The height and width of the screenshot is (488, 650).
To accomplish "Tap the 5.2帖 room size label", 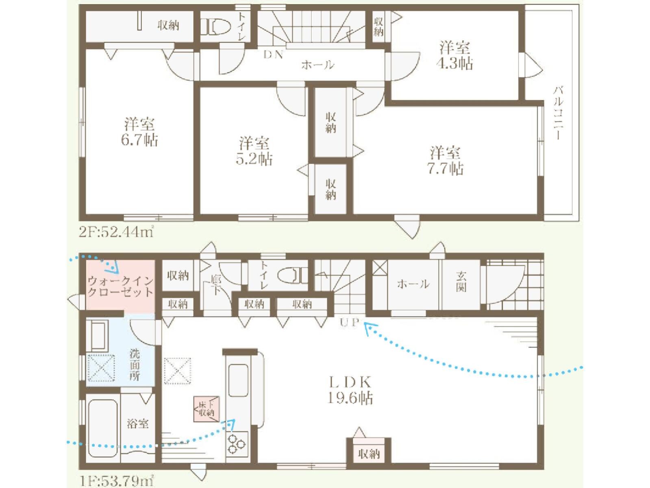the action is coord(254,159).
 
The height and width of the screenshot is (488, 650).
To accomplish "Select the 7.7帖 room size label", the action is coord(445,169).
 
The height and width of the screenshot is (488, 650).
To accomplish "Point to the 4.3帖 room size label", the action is coord(454,63).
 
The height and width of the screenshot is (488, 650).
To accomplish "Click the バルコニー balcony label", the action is coord(558,113).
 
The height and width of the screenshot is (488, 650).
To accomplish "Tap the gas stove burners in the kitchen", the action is coord(236,444).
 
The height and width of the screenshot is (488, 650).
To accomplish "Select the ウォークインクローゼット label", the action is coord(120,286).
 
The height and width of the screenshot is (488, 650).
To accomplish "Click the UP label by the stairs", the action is coord(350,322).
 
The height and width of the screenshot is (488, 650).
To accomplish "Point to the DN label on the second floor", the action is coord(274,55).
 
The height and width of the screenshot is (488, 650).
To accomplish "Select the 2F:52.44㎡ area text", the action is coord(116,232).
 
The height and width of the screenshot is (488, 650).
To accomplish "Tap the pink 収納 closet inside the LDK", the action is coord(369,454).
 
